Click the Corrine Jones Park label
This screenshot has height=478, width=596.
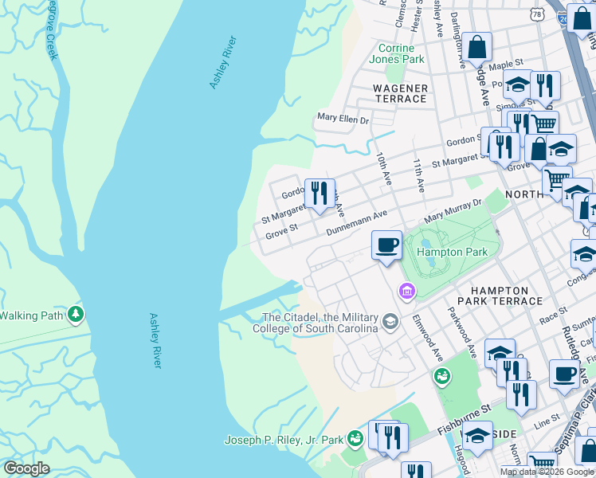(396, 53)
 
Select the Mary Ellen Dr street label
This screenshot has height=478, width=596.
(343, 119)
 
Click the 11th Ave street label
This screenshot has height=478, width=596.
(418, 174)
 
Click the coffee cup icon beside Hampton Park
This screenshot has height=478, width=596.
(387, 245)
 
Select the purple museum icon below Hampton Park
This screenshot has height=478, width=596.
(407, 292)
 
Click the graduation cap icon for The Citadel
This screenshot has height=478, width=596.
(390, 322)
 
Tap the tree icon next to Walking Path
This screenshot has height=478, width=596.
(76, 315)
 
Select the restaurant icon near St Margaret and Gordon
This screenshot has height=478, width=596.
(319, 193)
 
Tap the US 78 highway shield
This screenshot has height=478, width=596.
(539, 14)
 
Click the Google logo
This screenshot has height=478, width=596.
(26, 468)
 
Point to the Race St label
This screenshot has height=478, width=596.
(552, 315)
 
